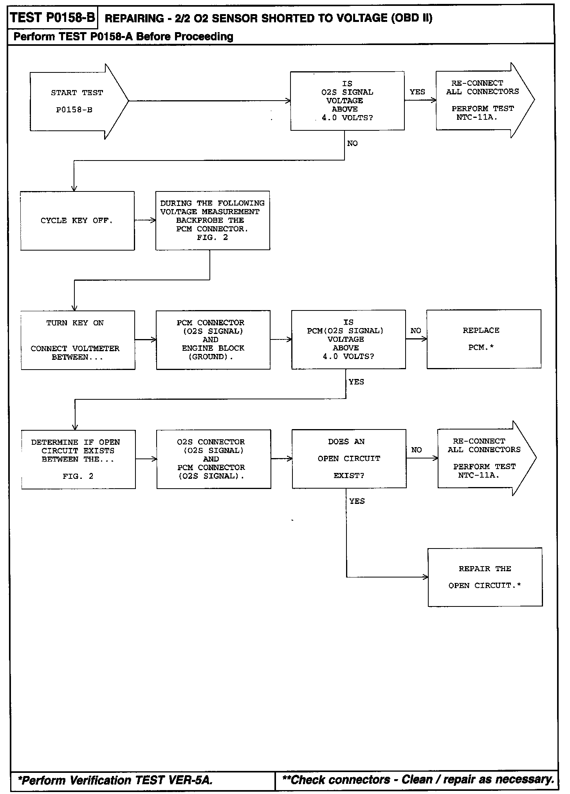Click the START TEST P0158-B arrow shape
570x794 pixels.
[x=76, y=101]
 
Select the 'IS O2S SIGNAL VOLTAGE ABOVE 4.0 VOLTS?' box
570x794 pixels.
[x=347, y=101]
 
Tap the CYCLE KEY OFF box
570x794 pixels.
[x=77, y=221]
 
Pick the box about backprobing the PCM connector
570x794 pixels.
[x=213, y=220]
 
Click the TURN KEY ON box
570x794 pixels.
[x=78, y=340]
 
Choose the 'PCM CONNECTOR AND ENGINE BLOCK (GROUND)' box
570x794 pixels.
[x=213, y=340]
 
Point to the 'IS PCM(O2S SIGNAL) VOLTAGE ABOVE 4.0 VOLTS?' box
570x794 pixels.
[x=348, y=339]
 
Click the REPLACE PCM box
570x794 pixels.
[x=484, y=339]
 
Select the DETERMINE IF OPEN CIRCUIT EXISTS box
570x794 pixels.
[x=78, y=459]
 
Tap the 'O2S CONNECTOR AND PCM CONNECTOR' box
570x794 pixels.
[x=214, y=459]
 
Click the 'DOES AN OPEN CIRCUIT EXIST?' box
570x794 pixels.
[x=349, y=459]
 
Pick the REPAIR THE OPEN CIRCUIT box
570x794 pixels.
[x=485, y=577]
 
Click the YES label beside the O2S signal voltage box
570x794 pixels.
[x=417, y=92]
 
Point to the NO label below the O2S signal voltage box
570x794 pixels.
[x=352, y=144]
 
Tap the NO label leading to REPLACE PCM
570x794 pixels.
[x=416, y=331]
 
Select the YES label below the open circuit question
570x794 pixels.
[x=357, y=501]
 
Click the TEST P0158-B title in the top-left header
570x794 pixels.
[x=52, y=18]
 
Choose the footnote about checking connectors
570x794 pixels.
[x=418, y=780]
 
